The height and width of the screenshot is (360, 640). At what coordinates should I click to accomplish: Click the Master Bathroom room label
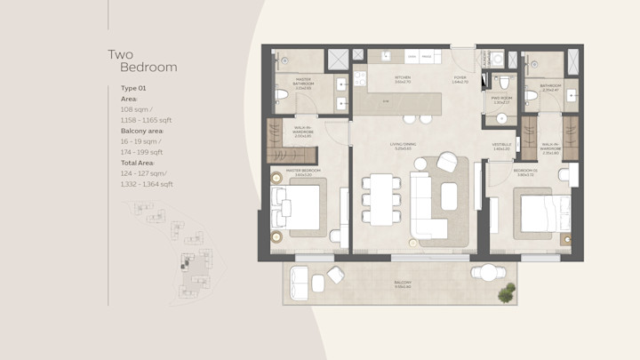(x=303, y=84)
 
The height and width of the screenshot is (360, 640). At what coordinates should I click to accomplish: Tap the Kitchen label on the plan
(x=403, y=78)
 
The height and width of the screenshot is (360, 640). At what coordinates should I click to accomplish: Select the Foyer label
(x=460, y=78)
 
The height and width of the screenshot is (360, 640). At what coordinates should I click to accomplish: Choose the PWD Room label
(x=500, y=99)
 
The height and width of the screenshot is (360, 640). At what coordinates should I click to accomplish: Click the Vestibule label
(x=501, y=146)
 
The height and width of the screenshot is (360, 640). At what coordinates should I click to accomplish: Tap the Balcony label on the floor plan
(x=403, y=284)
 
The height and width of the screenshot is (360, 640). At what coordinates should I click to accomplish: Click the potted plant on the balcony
(x=507, y=292)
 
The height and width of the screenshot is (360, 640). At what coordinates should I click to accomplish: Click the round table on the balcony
(x=487, y=273)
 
